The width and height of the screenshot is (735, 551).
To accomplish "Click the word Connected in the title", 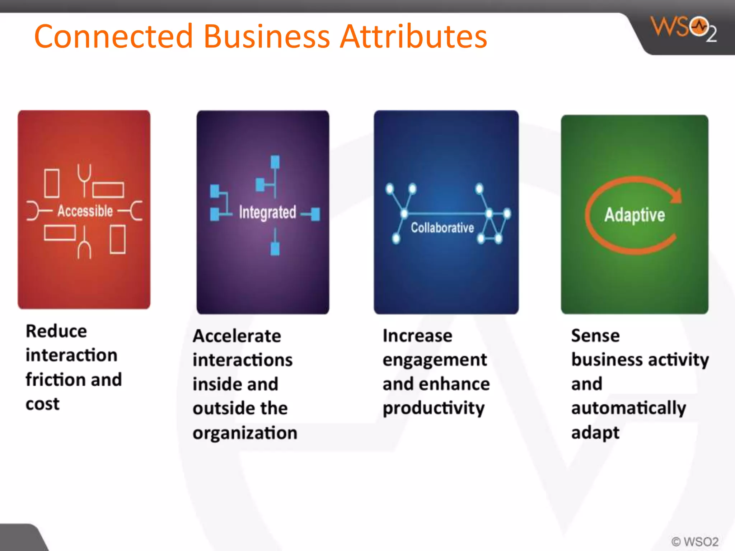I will pyautogui.click(x=113, y=37).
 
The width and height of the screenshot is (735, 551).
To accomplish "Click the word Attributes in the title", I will pyautogui.click(x=413, y=37).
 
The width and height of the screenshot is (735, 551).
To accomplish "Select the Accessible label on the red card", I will pyautogui.click(x=85, y=211).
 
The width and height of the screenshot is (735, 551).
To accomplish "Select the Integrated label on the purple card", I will pyautogui.click(x=267, y=212).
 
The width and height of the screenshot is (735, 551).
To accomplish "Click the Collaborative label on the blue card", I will pyautogui.click(x=442, y=227).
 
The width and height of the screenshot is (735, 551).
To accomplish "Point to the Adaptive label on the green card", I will pyautogui.click(x=635, y=215).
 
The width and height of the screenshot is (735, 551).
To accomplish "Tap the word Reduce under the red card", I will pyautogui.click(x=56, y=331).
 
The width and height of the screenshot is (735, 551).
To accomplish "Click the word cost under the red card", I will pyautogui.click(x=42, y=404).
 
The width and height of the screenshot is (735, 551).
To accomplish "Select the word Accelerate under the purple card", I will pyautogui.click(x=237, y=336).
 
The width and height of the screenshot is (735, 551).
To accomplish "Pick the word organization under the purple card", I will pyautogui.click(x=245, y=433).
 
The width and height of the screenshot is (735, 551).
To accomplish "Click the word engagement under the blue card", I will pyautogui.click(x=435, y=360).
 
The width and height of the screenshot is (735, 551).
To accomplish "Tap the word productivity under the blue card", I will pyautogui.click(x=434, y=408).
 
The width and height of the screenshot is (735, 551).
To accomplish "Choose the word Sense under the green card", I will pyautogui.click(x=595, y=336).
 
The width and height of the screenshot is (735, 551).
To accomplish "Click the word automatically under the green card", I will pyautogui.click(x=628, y=408).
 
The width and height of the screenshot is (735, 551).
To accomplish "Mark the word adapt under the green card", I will pyautogui.click(x=595, y=433).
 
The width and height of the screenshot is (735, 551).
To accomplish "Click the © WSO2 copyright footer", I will pyautogui.click(x=695, y=541).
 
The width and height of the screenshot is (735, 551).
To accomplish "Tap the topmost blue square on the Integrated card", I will pyautogui.click(x=275, y=162).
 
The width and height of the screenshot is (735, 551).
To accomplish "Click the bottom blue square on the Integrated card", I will pyautogui.click(x=275, y=249).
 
